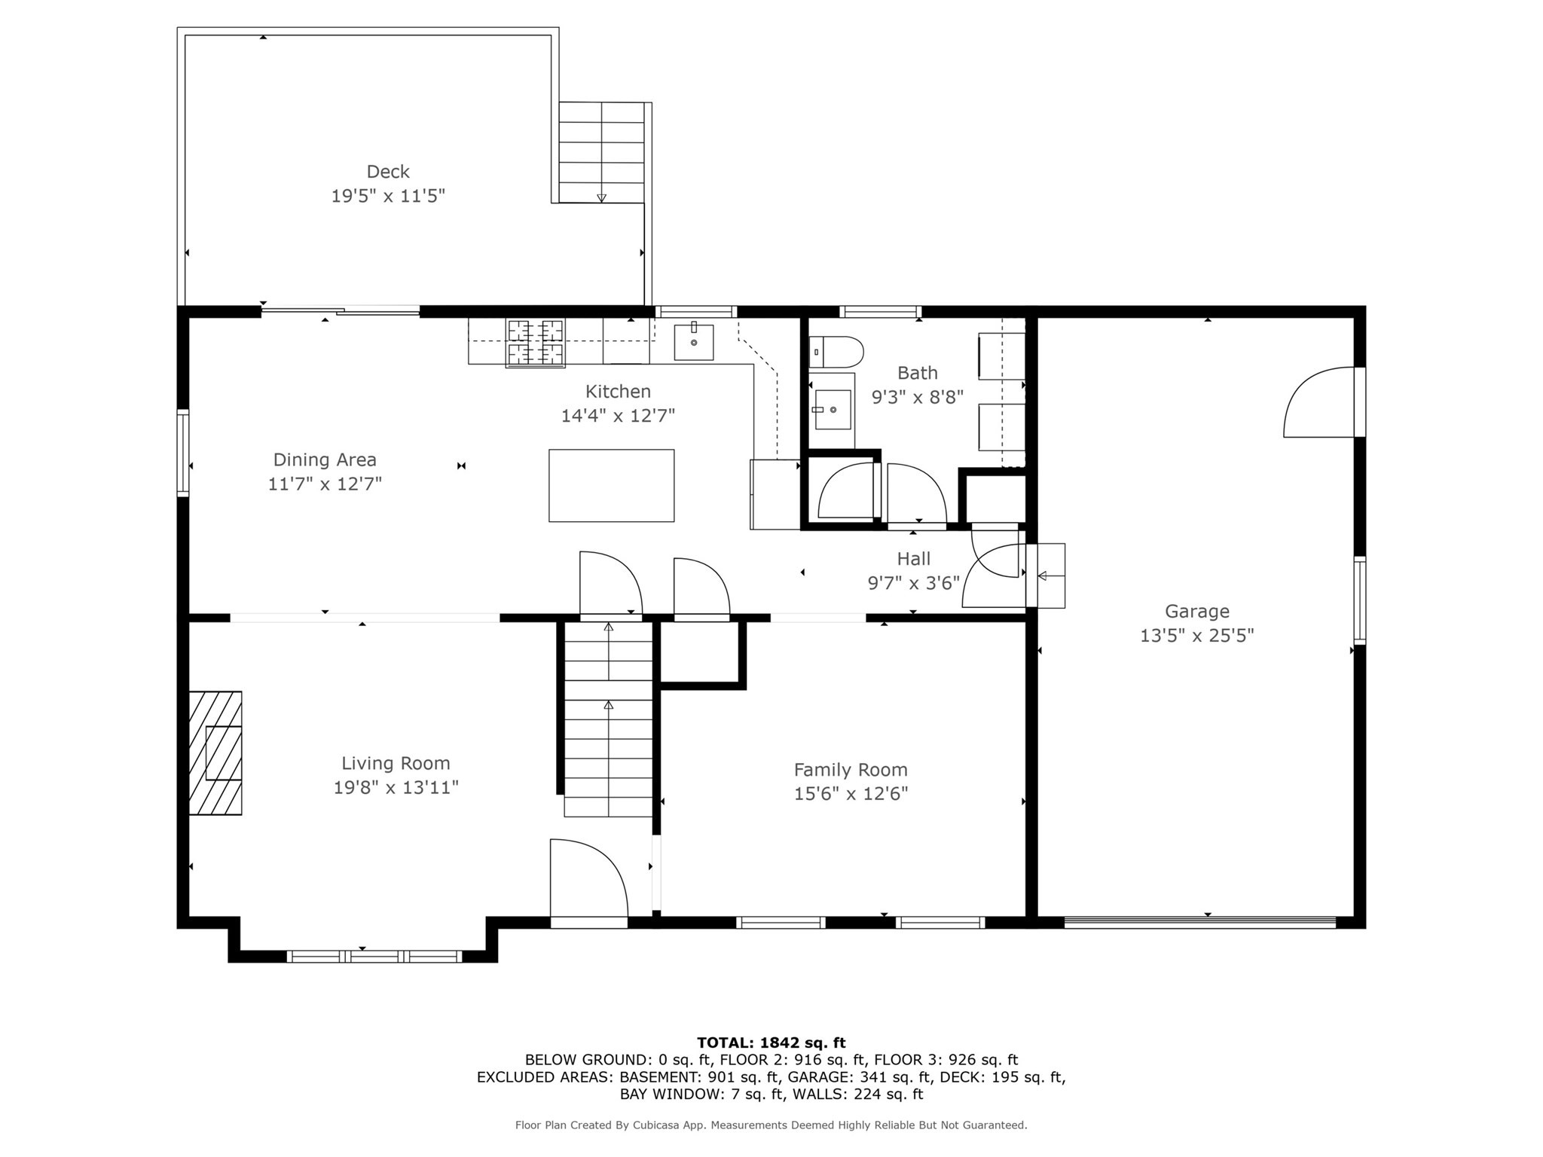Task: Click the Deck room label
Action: coord(388,172)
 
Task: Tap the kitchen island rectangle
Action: coord(611,486)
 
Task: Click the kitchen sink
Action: coord(693,343)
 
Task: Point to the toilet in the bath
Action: coord(836,352)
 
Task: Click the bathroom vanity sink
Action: coord(833,410)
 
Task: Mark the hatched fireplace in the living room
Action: coord(215,753)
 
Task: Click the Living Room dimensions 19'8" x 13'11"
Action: coord(396,788)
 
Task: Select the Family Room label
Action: coord(851,770)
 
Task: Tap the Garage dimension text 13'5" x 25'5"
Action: coord(1196,636)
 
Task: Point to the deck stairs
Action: coord(601,152)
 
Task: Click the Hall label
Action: coord(913,559)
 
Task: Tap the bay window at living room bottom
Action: coord(374,957)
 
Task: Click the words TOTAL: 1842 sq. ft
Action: coord(771,1043)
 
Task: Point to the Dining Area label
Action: coord(325,459)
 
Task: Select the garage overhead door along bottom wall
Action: coord(1199,921)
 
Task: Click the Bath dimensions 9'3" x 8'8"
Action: coord(917,397)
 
